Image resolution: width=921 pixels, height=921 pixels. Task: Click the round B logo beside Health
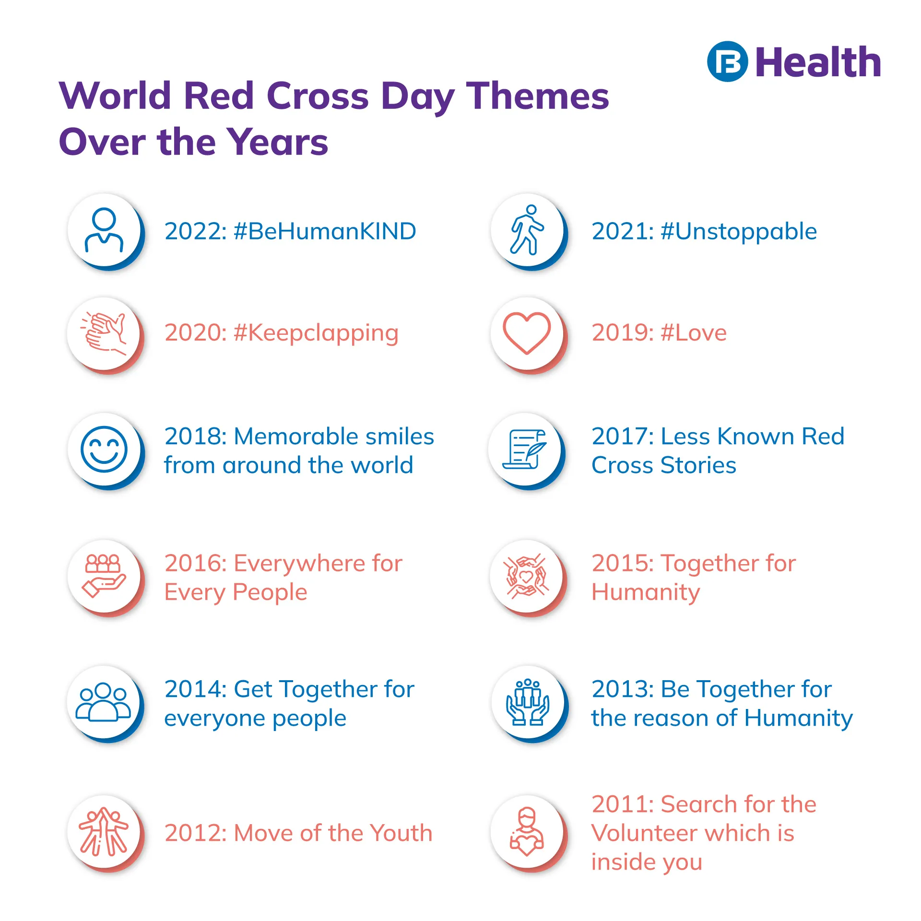727,62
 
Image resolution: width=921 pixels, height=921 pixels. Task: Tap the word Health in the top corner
818,62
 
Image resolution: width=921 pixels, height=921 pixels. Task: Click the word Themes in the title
538,96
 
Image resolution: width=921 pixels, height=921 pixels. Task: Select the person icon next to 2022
104,230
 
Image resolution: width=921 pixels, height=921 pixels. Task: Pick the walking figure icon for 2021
527,230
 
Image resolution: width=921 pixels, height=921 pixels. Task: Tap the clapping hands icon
104,333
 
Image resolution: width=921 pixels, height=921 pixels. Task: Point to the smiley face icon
104,449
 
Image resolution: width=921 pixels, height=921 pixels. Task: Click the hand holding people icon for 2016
104,576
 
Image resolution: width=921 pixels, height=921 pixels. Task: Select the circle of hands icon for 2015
526,576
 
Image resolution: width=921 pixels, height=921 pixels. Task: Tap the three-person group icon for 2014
104,702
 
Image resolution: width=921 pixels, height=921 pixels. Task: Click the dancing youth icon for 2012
104,832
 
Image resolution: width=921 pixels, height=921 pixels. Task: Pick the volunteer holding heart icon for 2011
527,832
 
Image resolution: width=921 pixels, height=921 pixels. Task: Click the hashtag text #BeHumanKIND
325,231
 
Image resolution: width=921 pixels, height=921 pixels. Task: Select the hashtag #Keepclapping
316,333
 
